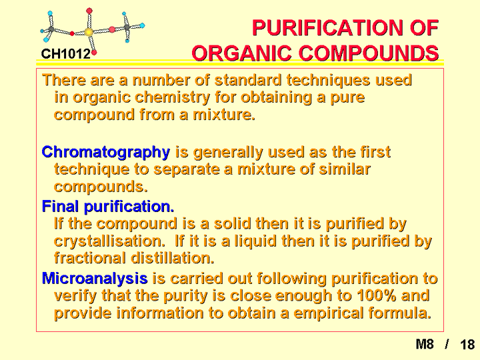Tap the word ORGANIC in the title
[241, 53]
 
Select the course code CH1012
[66, 54]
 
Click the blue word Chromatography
[106, 153]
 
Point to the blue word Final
[60, 206]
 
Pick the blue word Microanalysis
[95, 278]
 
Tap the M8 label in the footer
[425, 344]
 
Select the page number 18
[467, 345]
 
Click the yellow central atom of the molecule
[88, 31]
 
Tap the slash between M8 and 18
[447, 345]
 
